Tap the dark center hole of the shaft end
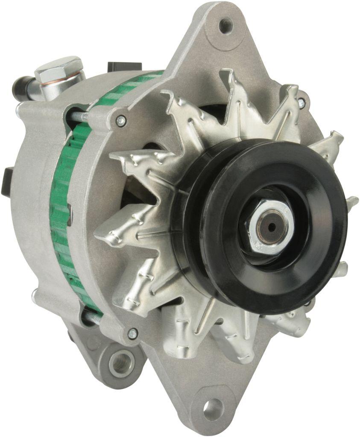271,227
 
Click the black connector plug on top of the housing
125,67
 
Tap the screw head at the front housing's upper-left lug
121,121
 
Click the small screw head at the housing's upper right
301,102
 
